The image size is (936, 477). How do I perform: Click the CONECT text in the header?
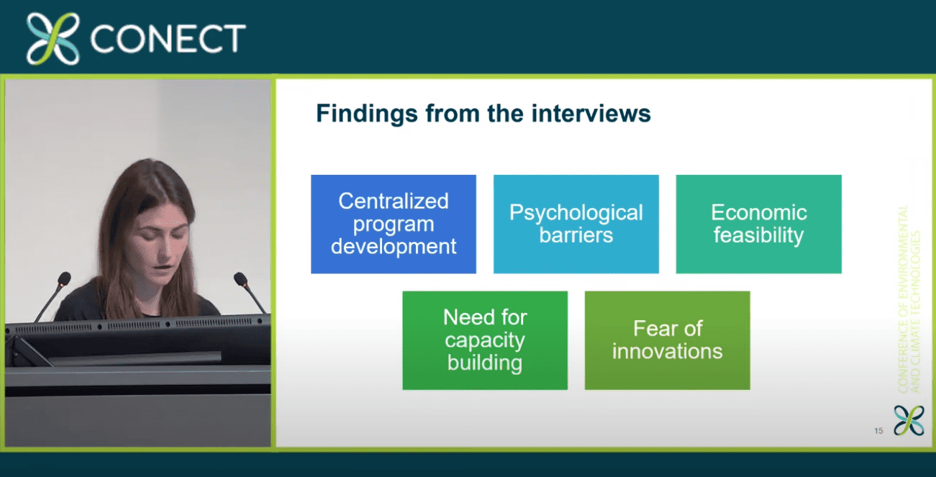[168, 38]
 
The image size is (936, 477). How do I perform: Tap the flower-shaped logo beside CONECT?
[53, 38]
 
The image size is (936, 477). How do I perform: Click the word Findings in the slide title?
[367, 114]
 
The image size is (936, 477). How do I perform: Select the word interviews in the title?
[591, 114]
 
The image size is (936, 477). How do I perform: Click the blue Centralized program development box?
[394, 224]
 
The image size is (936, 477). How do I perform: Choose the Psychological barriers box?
[576, 224]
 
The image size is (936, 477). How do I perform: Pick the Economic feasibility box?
[759, 224]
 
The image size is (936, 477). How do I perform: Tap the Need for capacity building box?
[485, 340]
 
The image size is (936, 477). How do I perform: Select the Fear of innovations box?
[668, 340]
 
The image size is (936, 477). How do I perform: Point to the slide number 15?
[878, 431]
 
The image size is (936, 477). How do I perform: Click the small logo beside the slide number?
[909, 420]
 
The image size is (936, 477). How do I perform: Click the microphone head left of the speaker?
[64, 278]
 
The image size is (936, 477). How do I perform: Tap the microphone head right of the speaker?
[241, 278]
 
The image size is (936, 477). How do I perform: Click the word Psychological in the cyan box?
[576, 214]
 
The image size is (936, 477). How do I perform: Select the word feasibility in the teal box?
[758, 235]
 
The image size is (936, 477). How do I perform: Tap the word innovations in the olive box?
[668, 351]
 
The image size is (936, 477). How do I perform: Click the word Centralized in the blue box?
[394, 201]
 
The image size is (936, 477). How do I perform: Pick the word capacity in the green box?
[485, 341]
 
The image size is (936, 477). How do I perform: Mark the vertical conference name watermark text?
[909, 299]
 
